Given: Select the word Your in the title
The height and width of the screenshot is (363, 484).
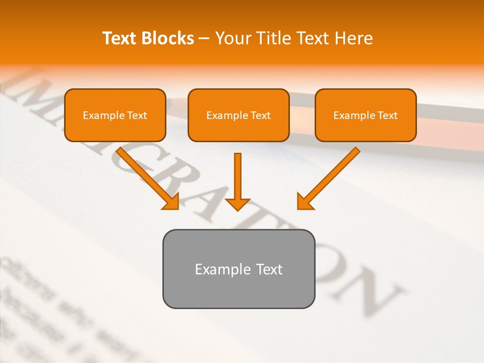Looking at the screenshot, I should [233, 38].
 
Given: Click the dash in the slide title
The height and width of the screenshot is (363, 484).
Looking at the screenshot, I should [204, 39].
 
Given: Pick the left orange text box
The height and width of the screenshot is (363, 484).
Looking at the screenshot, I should [115, 115].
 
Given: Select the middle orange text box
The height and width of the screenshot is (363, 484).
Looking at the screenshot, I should [238, 115].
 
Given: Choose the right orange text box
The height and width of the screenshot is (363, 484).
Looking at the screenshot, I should [366, 115].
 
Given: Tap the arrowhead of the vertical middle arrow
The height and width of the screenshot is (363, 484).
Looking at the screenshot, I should [237, 204].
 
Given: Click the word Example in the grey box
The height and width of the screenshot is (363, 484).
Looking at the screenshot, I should [216, 269].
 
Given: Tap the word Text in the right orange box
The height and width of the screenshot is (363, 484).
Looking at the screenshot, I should [387, 115].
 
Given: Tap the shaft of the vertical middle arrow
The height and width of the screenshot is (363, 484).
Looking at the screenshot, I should [237, 174].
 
